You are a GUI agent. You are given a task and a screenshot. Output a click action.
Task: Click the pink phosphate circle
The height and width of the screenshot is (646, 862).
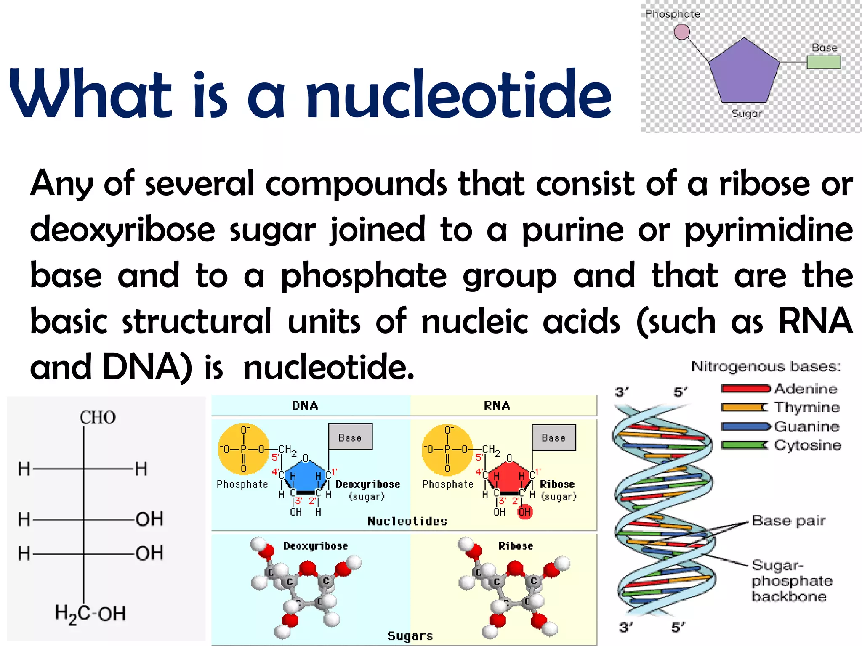(682, 32)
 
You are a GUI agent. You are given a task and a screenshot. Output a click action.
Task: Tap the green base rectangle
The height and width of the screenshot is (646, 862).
(823, 62)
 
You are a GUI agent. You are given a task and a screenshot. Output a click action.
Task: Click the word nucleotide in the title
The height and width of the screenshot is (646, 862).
(458, 94)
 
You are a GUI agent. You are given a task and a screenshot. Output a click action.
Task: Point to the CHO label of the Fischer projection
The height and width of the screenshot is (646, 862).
(98, 418)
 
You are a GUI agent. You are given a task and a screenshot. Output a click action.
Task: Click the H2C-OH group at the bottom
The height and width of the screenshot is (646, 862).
(90, 613)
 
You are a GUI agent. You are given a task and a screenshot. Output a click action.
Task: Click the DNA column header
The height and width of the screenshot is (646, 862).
(305, 405)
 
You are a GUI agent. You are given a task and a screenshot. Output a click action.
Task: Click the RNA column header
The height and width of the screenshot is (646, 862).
(497, 405)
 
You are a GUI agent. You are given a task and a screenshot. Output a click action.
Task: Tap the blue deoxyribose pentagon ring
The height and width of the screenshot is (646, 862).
(306, 477)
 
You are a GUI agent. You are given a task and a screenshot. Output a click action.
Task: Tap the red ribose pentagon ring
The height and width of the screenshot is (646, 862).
(509, 477)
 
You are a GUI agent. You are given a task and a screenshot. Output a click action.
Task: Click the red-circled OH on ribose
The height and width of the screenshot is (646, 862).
(524, 512)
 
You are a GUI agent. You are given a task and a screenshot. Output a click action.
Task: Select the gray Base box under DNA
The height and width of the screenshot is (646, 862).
(350, 437)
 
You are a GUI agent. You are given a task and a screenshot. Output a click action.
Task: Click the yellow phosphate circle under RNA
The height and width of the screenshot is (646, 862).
(447, 449)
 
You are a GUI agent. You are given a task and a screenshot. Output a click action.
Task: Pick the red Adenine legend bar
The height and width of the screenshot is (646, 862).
(745, 389)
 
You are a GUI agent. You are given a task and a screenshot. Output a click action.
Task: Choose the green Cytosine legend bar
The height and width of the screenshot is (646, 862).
(744, 445)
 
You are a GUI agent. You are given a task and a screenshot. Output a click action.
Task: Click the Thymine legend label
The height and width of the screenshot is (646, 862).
(807, 407)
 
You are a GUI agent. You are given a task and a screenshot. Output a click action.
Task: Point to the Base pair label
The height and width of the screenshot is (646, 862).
(789, 521)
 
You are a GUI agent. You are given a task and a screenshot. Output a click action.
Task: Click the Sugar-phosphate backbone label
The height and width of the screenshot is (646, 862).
(791, 581)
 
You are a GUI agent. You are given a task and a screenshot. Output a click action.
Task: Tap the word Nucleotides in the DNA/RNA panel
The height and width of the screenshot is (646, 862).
(407, 521)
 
